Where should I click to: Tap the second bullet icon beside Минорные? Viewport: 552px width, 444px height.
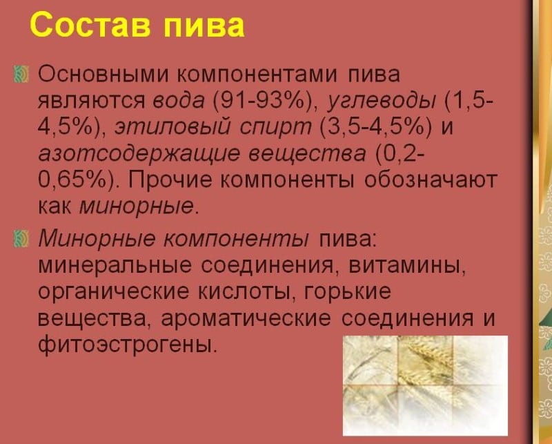coord(21,239)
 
